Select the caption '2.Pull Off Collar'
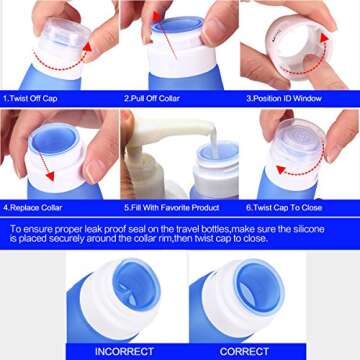pos(153,99)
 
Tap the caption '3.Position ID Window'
pos(285,99)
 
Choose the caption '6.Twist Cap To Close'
pos(287,207)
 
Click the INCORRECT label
pos(124,352)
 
